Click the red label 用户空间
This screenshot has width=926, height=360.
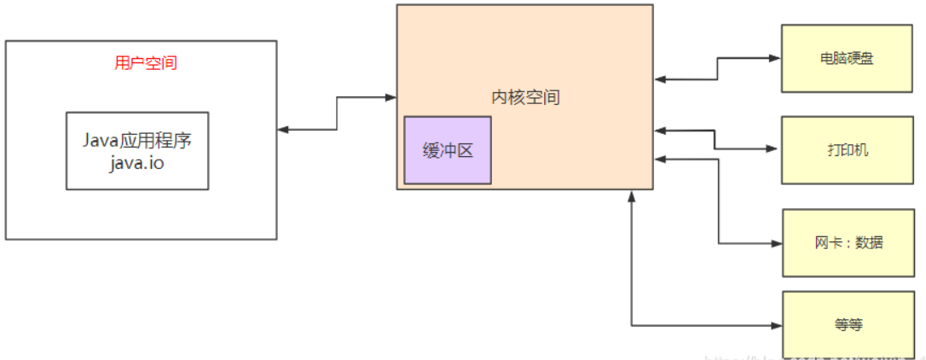coord(146,63)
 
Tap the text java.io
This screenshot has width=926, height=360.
coord(136,163)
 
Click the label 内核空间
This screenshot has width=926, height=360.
coord(525,97)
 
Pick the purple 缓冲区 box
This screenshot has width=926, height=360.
coord(448,150)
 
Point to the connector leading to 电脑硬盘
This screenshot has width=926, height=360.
coord(718,69)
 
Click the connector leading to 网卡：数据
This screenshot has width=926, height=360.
coord(719,205)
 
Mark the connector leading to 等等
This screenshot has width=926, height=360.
coord(632,273)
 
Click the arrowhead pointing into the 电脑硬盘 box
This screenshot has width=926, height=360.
coord(776,59)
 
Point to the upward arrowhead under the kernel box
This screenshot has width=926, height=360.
coord(632,197)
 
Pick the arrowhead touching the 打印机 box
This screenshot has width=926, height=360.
coord(776,149)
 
